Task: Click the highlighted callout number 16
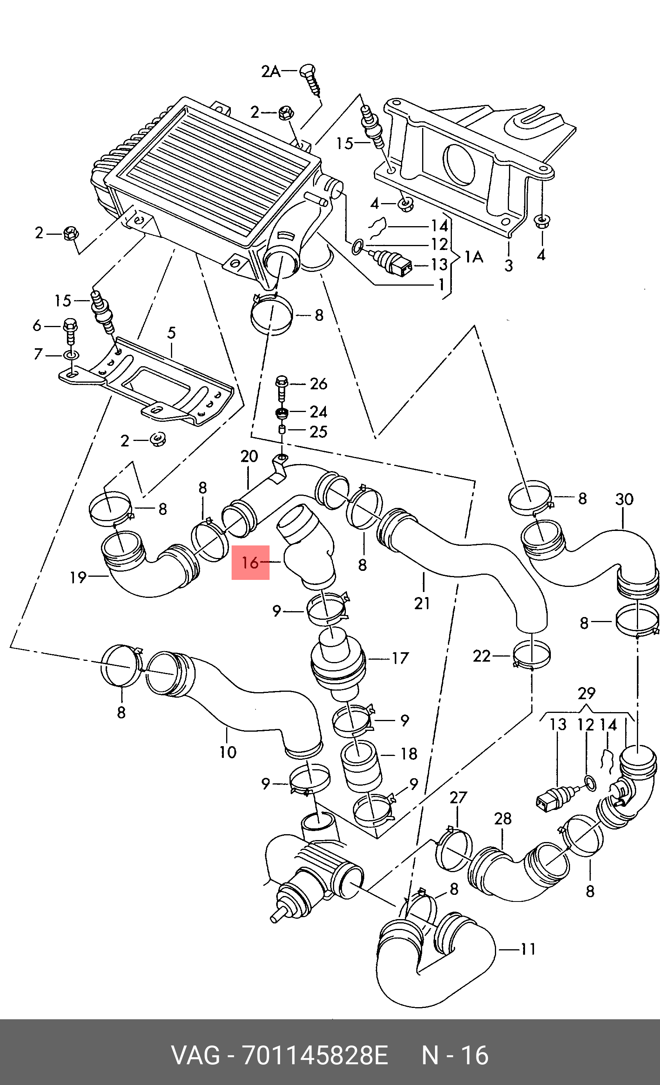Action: pyautogui.click(x=250, y=562)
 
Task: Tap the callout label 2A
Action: pyautogui.click(x=271, y=71)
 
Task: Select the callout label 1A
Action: pyautogui.click(x=474, y=256)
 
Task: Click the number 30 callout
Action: pyautogui.click(x=624, y=499)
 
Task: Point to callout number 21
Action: pyautogui.click(x=422, y=603)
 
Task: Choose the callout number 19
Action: pyautogui.click(x=78, y=577)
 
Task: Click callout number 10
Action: pyautogui.click(x=228, y=752)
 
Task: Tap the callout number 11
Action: pyautogui.click(x=528, y=949)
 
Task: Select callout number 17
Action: pyautogui.click(x=400, y=658)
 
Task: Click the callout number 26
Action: pyautogui.click(x=318, y=384)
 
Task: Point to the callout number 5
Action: pyautogui.click(x=171, y=333)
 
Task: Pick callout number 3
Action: pyautogui.click(x=509, y=266)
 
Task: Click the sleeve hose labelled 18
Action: pyautogui.click(x=361, y=766)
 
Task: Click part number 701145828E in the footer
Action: pyautogui.click(x=315, y=1056)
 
